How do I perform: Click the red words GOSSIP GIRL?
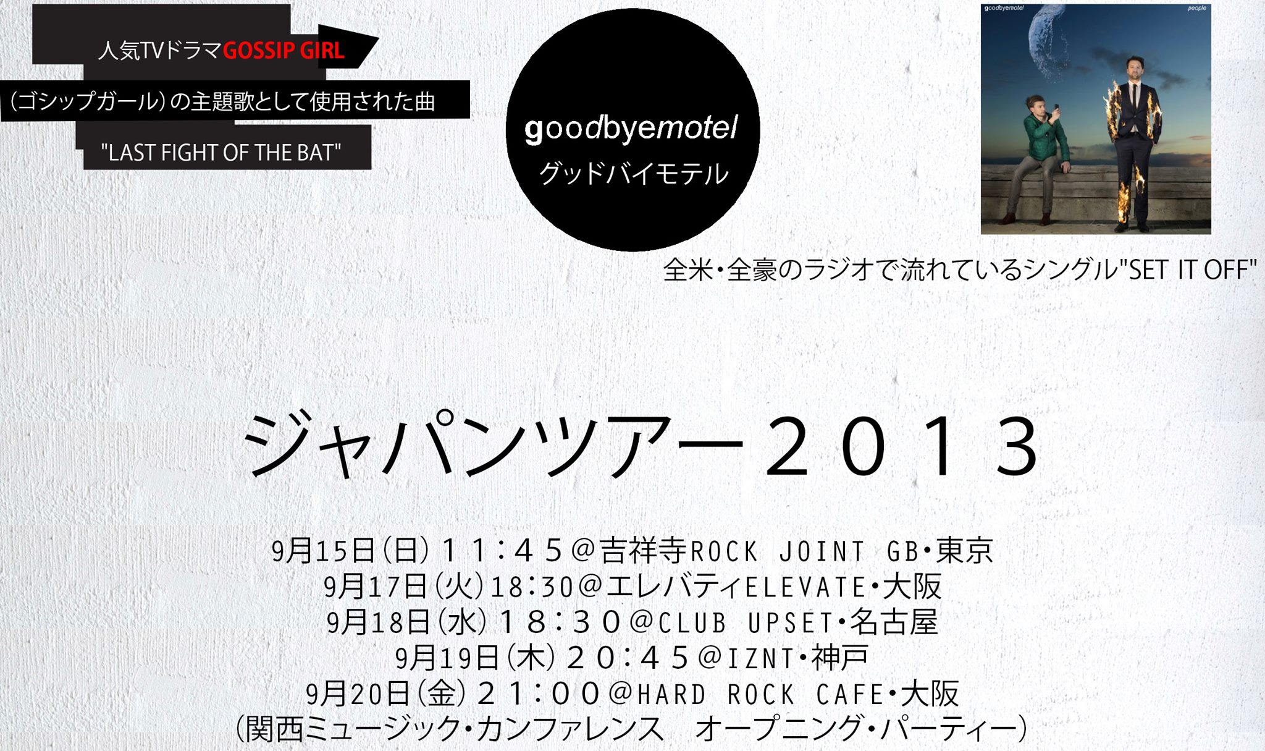click(284, 51)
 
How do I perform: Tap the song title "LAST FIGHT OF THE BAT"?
click(221, 152)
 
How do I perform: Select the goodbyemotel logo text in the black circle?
click(631, 129)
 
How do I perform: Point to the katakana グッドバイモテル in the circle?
click(634, 174)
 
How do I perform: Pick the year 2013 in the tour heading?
click(903, 446)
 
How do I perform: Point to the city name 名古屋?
click(894, 622)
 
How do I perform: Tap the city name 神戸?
click(840, 658)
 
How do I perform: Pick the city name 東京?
click(965, 550)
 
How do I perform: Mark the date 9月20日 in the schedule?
click(358, 694)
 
